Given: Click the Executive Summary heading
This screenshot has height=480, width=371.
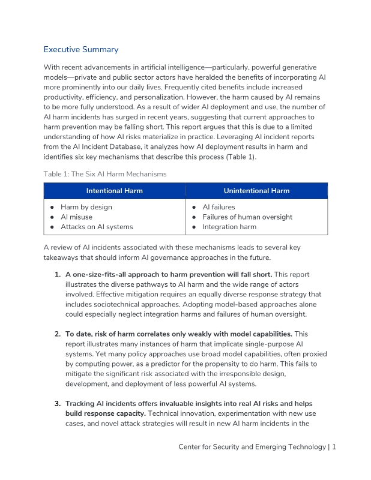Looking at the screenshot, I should (x=81, y=50).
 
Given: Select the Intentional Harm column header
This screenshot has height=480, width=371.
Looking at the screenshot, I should (x=115, y=191).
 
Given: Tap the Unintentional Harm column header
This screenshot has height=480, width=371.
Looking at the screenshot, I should (x=256, y=191).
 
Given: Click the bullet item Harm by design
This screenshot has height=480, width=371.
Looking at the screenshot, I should (x=86, y=207).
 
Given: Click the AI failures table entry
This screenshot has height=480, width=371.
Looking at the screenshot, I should (x=219, y=207).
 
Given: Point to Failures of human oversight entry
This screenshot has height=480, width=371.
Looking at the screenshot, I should (x=247, y=217).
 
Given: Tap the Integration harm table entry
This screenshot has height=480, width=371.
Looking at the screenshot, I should (x=229, y=227).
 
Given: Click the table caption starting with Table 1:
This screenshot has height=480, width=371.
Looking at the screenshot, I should (x=105, y=174).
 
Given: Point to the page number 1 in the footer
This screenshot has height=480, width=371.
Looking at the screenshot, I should (x=334, y=447).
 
